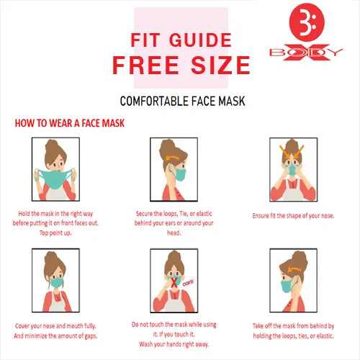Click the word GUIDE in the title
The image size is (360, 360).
200,40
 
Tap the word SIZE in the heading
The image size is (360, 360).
220,65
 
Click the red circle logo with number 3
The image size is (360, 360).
307,22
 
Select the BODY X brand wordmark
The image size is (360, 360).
306,53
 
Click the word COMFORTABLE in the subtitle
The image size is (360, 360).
154,101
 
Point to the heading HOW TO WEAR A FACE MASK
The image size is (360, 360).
70,123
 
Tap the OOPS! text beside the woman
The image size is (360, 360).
188,282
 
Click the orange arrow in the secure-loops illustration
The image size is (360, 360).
172,158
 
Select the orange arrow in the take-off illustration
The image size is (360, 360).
294,269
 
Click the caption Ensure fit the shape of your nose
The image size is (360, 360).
293,216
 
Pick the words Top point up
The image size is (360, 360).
55,233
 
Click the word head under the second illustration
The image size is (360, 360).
174,233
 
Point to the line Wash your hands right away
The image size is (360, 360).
174,344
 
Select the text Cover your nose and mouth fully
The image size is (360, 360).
55,326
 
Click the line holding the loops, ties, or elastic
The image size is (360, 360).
293,336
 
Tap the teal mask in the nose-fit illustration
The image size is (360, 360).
292,169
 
